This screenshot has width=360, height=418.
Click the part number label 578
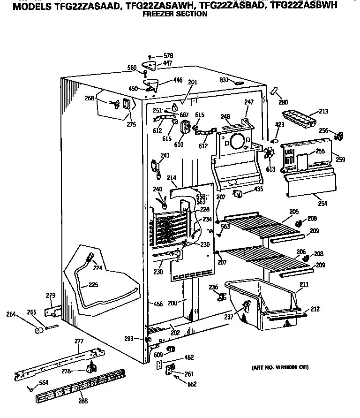(x=167, y=56)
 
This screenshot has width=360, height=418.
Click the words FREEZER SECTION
(x=174, y=14)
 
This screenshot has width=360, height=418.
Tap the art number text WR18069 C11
(x=278, y=366)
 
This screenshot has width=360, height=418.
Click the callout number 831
(x=224, y=80)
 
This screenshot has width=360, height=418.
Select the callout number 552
(x=192, y=385)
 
